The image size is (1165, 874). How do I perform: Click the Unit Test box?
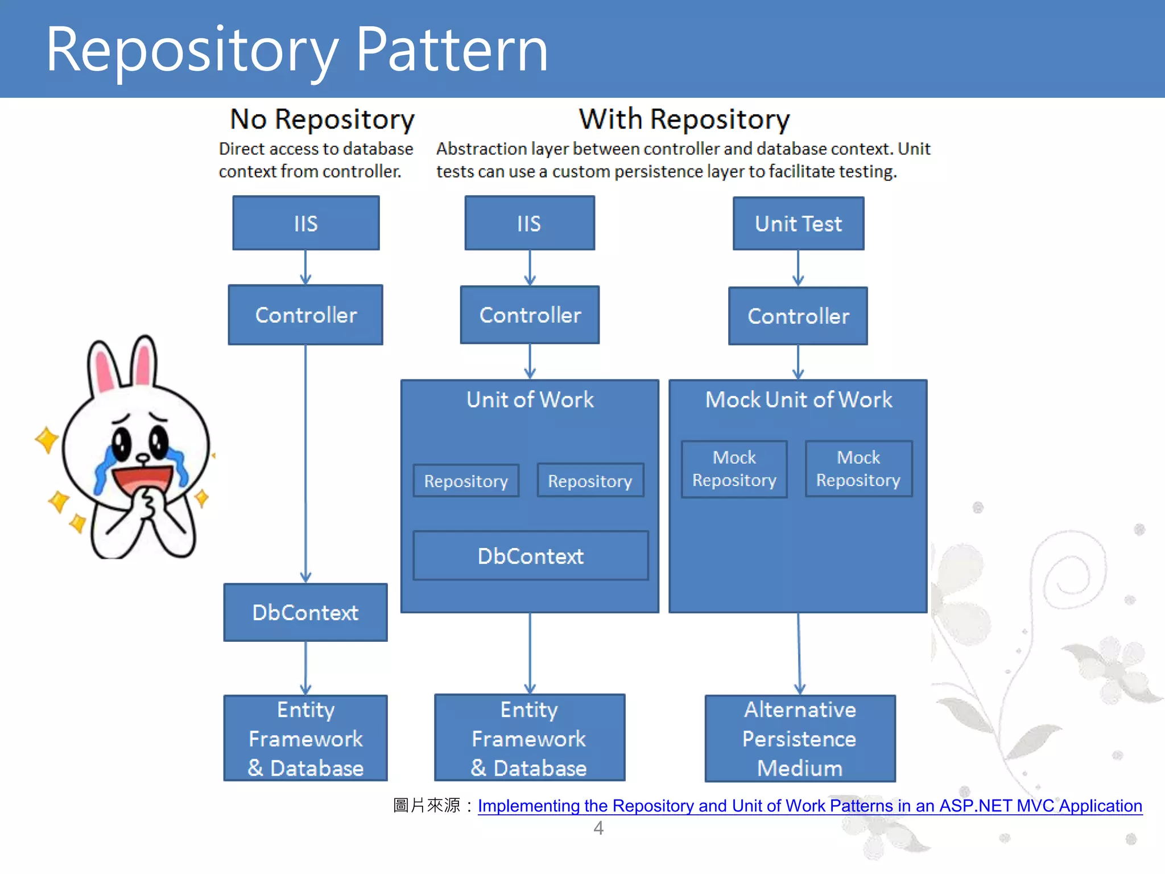[x=798, y=224]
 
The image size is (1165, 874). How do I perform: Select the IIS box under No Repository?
[x=305, y=223]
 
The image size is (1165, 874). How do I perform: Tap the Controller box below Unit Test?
[x=798, y=316]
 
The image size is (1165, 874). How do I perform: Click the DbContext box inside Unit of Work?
[x=530, y=556]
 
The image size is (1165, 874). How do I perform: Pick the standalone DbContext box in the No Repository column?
[x=305, y=612]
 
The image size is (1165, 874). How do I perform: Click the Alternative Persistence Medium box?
[x=800, y=738]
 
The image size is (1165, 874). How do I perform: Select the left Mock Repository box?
[x=734, y=469]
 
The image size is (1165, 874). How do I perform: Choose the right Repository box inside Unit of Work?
[x=590, y=481]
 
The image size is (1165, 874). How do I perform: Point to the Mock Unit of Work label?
[x=798, y=399]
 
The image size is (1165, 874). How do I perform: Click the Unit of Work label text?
[x=530, y=399]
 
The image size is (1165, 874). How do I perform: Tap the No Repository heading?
[x=322, y=119]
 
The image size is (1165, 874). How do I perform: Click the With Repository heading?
[x=684, y=119]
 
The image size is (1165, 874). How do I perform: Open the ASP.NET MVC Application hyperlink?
[x=809, y=806]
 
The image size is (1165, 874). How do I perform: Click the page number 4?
[x=598, y=828]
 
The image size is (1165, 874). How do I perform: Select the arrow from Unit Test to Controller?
[x=798, y=268]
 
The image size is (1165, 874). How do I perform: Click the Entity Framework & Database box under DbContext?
[x=305, y=738]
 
